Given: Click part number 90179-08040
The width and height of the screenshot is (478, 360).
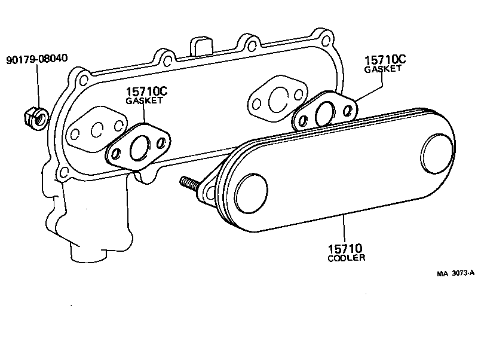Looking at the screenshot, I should tap(37, 59).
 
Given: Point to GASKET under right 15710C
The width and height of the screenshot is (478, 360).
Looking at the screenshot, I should tap(383, 69).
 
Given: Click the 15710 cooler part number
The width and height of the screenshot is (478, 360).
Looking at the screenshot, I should tap(345, 248).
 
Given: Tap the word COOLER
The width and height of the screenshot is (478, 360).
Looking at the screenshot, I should tap(347, 258).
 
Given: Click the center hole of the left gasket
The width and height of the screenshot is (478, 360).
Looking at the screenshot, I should tap(139, 148).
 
